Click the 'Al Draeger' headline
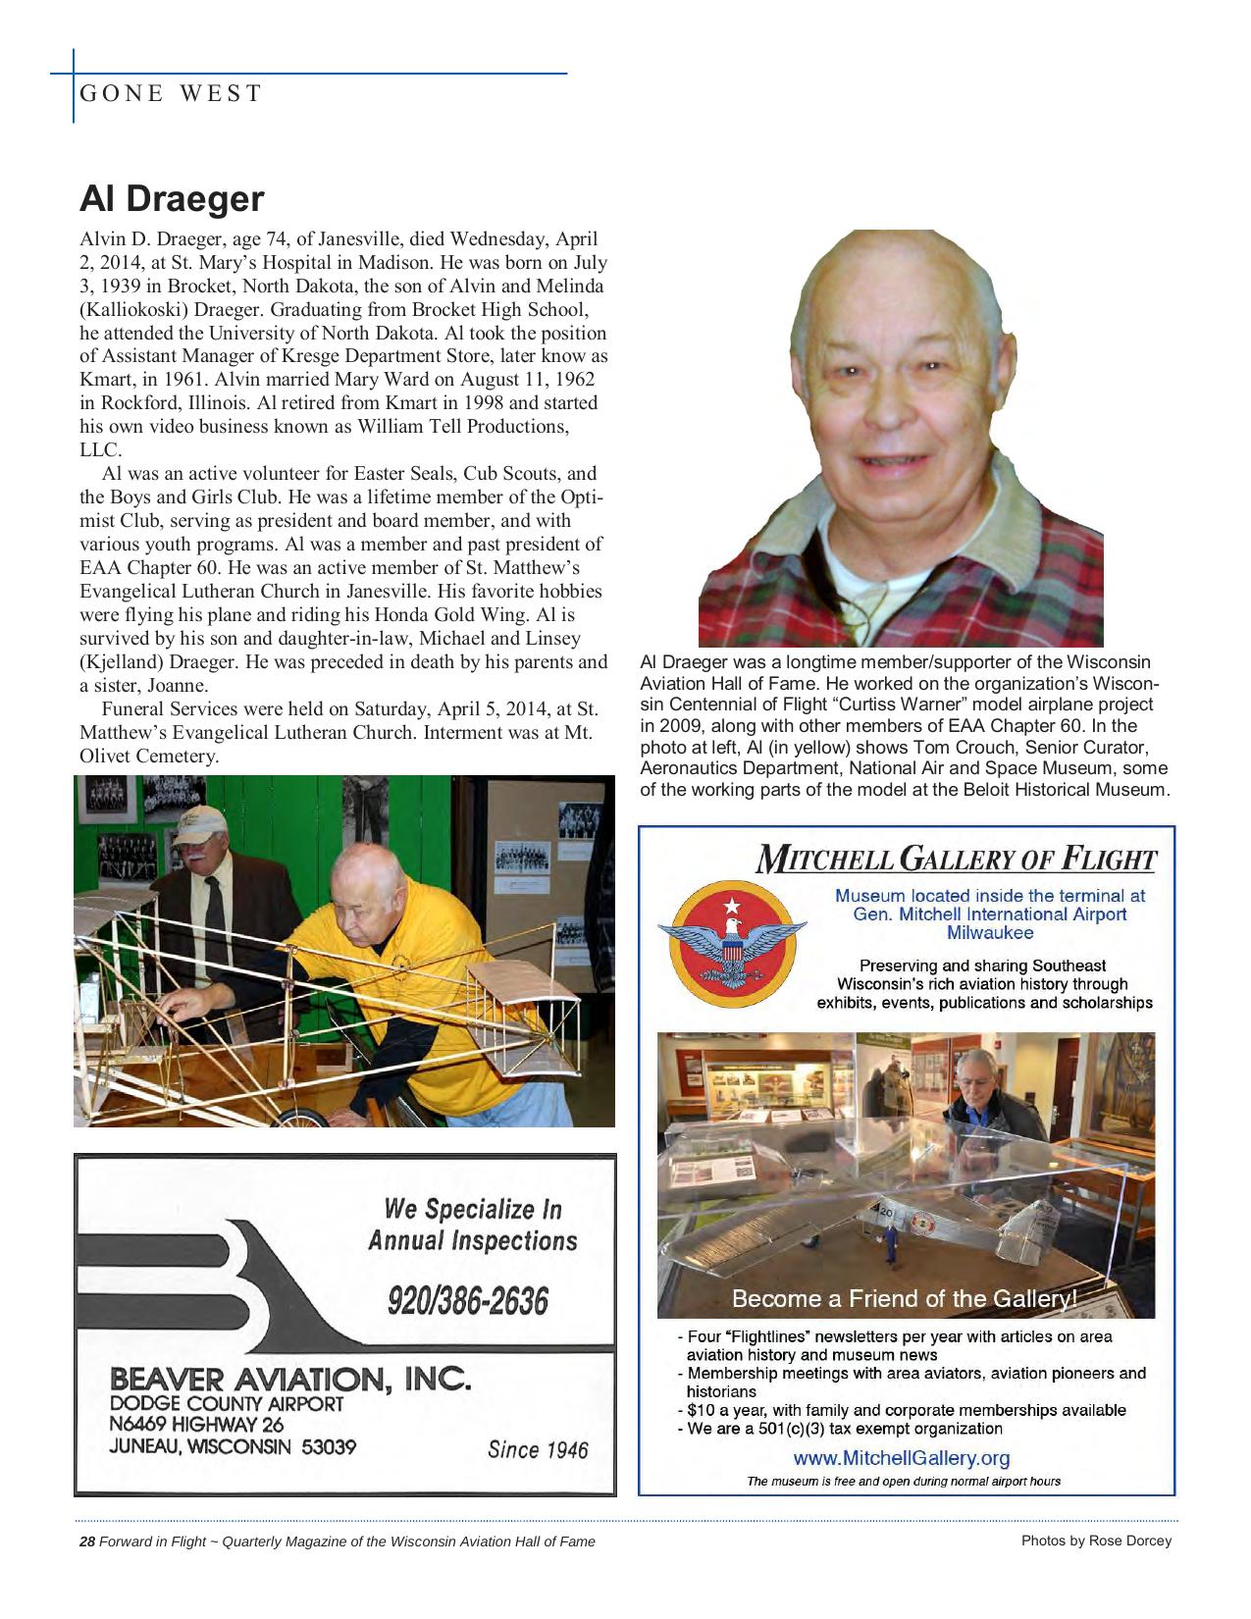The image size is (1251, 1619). (172, 199)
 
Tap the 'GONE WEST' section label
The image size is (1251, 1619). (171, 94)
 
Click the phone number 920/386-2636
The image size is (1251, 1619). (467, 1301)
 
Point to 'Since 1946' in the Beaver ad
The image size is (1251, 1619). (537, 1450)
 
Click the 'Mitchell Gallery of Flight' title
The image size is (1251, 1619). (955, 860)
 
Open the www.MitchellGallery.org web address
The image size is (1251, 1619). (901, 1458)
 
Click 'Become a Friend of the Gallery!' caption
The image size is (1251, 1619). (904, 1299)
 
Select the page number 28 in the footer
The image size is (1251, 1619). (86, 1541)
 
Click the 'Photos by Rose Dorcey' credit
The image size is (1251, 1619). (1096, 1541)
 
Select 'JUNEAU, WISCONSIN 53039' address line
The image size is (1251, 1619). (233, 1447)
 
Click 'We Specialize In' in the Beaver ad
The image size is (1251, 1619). (472, 1208)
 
